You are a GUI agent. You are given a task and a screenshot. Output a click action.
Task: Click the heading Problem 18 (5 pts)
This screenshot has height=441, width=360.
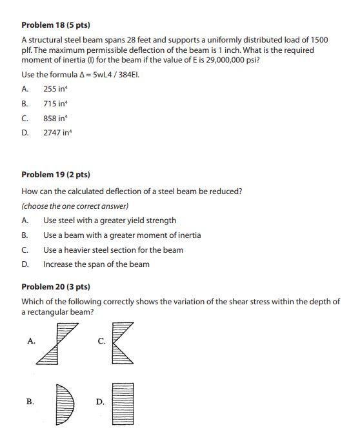point(55,25)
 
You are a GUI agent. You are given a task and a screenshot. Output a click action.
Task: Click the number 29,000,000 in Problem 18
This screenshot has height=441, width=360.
point(232,60)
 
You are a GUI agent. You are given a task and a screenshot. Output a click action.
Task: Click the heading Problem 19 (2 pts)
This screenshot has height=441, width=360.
point(55,175)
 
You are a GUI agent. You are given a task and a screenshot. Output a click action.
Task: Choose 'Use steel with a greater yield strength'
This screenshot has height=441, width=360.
point(110,220)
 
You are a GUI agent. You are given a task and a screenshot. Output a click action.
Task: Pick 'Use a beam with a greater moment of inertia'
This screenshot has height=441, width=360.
point(122,235)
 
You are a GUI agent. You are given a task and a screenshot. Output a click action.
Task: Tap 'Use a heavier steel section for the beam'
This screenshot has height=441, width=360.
point(113,250)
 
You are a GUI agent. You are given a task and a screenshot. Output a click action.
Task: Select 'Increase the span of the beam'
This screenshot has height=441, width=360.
point(96,264)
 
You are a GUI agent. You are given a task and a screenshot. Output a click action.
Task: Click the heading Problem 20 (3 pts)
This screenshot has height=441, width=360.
point(55,286)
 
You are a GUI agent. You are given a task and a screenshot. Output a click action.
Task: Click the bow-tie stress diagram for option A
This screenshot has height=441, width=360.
point(54,344)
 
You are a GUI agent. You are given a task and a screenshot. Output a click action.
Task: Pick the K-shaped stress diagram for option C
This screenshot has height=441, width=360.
point(123,344)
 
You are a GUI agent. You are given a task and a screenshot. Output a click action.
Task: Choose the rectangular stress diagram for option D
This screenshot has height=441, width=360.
point(123,403)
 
